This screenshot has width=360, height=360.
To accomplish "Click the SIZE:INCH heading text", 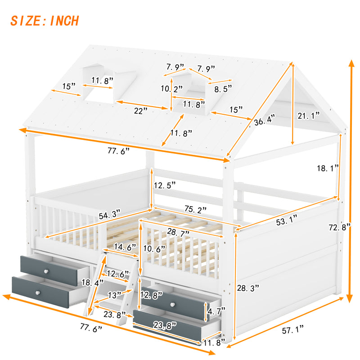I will click(x=45, y=21).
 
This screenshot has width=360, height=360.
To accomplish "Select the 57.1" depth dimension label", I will click(x=292, y=331).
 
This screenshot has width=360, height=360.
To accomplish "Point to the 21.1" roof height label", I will click(x=308, y=116).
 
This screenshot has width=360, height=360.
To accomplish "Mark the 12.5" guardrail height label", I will click(x=164, y=184).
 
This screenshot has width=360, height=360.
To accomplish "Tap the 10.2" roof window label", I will click(x=172, y=89).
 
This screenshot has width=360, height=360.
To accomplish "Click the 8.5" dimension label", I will click(x=224, y=89).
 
